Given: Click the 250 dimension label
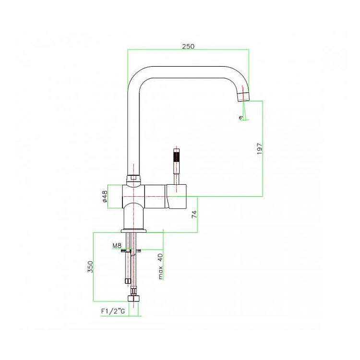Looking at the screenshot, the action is tap(188, 47).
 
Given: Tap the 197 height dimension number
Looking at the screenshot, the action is tap(259, 148).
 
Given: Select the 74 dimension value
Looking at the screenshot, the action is tap(194, 214).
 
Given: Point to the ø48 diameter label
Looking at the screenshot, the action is tap(105, 196).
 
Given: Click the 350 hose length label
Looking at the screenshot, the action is tap(90, 266).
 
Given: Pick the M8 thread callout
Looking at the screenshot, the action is tap(117, 246).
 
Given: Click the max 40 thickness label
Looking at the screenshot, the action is tap(160, 266).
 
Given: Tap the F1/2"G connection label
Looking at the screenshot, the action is tap(113, 311).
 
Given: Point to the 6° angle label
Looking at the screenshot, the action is tap(241, 118).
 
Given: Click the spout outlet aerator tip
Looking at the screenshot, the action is tap(244, 96).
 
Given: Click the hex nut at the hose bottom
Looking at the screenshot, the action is tap(133, 298).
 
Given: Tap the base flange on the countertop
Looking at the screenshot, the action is tap(133, 231).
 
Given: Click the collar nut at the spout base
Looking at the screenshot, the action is tap(133, 178).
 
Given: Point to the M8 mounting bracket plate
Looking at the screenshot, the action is tap(131, 251).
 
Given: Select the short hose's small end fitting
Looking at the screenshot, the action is tap(127, 281).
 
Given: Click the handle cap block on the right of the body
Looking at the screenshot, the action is tap(177, 196).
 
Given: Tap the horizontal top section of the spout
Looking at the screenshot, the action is tap(188, 72).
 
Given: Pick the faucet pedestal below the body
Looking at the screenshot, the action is tap(133, 216).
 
